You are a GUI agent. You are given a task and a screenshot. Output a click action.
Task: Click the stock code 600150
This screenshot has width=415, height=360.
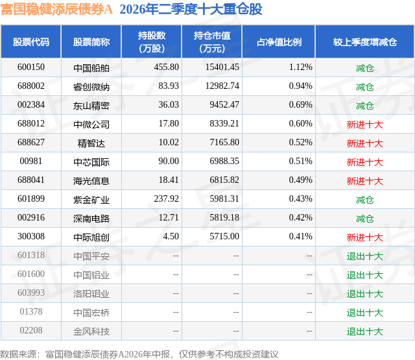(31, 67)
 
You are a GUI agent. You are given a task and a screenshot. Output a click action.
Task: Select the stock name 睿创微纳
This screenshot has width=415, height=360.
(91, 87)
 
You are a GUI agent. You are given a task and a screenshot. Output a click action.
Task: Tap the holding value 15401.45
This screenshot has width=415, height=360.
(222, 67)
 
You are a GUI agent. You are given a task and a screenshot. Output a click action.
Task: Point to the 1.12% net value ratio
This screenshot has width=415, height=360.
(300, 67)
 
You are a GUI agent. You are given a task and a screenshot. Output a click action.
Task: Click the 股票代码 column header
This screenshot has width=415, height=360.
(31, 42)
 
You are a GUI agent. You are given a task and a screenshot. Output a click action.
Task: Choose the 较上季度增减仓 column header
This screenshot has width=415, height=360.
(365, 42)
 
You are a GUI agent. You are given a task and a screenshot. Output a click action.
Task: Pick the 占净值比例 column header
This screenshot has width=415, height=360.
(279, 42)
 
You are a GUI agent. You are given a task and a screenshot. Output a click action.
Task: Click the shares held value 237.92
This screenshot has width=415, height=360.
(167, 198)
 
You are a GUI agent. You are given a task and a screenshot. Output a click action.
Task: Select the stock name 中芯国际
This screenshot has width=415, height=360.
(91, 162)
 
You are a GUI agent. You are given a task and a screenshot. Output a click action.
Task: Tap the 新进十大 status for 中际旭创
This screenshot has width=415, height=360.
(365, 237)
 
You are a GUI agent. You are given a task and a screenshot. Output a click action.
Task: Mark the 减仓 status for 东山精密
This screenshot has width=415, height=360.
(365, 106)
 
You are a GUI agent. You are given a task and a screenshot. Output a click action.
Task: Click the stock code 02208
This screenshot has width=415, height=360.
(31, 330)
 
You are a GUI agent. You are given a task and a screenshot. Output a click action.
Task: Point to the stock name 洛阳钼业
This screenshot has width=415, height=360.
(91, 294)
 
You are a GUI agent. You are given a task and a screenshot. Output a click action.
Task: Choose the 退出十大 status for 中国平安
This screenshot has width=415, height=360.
(365, 256)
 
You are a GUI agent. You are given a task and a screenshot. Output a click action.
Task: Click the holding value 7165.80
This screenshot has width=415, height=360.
(224, 143)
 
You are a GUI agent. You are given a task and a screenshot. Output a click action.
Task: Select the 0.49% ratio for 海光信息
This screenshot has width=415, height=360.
(300, 180)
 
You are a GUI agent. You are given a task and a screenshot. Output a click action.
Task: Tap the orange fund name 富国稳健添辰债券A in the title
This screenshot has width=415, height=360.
(56, 9)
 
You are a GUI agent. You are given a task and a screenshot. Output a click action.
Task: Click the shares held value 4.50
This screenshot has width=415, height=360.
(171, 236)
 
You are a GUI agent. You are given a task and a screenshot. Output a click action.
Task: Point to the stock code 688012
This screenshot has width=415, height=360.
(31, 124)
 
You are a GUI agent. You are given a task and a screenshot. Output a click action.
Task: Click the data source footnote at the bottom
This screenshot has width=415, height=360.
(139, 354)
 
